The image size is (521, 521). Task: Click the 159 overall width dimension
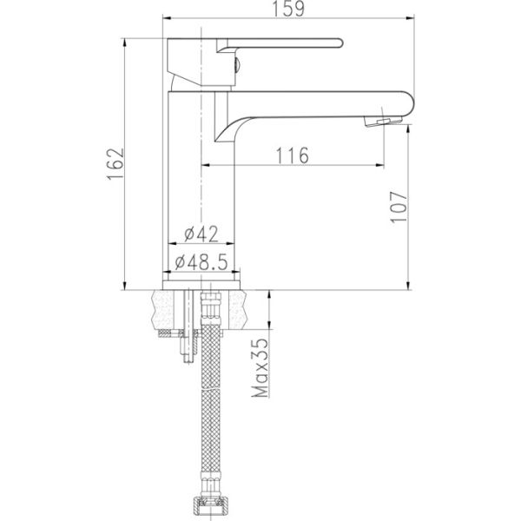288,9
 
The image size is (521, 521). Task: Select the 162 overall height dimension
115,164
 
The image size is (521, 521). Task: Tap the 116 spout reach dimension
293,155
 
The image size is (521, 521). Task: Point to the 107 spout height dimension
399,207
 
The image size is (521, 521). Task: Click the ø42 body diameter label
201,234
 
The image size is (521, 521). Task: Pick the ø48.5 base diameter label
201,262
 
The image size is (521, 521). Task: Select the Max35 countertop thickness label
260,368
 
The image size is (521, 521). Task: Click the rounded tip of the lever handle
340,43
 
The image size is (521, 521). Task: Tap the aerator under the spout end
383,121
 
